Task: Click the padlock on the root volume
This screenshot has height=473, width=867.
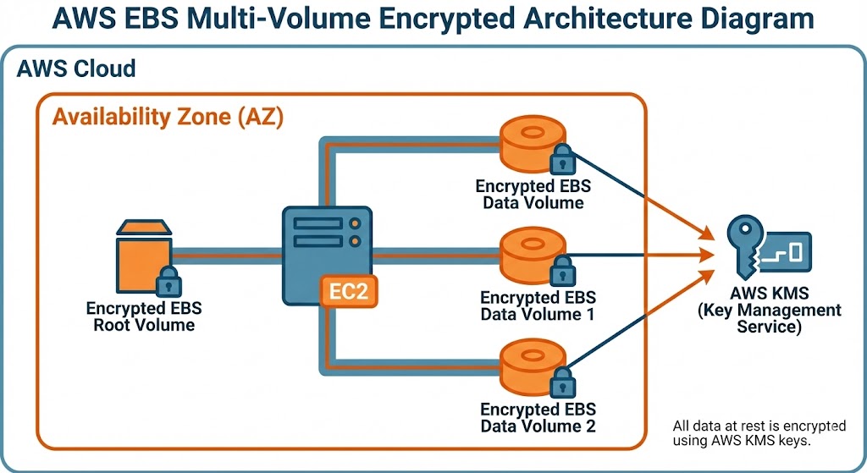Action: point(169,280)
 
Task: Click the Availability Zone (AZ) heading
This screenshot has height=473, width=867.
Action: point(168,116)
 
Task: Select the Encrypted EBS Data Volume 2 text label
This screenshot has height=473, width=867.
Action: point(538,417)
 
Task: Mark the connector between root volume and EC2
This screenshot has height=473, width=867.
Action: point(226,252)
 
